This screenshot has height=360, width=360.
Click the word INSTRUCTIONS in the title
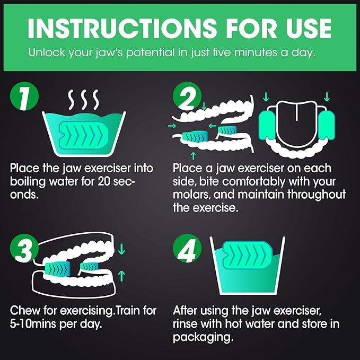[122, 28]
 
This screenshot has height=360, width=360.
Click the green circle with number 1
[24, 96]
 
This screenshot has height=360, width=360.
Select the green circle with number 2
[187, 96]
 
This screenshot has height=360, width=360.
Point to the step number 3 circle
[24, 249]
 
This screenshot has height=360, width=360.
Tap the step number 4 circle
[187, 249]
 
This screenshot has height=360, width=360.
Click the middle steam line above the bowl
[84, 100]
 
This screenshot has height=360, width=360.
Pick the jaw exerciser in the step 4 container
[248, 255]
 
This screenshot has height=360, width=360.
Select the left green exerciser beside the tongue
[267, 125]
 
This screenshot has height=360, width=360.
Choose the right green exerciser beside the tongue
[327, 125]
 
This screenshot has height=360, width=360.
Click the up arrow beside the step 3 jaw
[121, 276]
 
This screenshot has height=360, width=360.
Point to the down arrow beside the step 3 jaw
[121, 249]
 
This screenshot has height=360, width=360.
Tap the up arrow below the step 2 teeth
[194, 156]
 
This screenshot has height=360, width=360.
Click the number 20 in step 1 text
[104, 182]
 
